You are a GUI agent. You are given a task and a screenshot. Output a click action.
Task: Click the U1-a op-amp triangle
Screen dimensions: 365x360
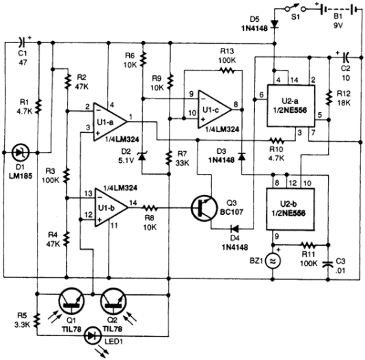coord(109,122)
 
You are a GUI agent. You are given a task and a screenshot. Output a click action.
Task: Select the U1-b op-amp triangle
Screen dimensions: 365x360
coord(111,207)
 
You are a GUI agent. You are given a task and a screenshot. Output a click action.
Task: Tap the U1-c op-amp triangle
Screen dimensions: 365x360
coord(215,110)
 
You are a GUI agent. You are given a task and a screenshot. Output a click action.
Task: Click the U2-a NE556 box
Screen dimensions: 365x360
coord(290,106)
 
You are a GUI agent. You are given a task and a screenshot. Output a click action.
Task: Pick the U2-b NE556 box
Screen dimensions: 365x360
coord(290,209)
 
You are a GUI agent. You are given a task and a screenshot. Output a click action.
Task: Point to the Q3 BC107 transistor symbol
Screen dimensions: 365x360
coord(204,208)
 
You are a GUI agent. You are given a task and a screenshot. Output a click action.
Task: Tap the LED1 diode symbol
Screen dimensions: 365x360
coord(92,336)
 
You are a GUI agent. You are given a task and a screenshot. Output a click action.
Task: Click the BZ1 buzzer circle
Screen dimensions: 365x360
coord(273,261)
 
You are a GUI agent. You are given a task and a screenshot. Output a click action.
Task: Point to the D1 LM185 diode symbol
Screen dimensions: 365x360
coord(21,153)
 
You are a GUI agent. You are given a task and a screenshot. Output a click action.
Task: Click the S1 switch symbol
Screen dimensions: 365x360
coord(295,8)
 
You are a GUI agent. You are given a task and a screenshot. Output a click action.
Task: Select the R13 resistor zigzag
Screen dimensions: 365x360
coord(227,70)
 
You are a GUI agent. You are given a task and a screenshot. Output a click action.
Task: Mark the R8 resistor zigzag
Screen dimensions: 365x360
coord(150,208)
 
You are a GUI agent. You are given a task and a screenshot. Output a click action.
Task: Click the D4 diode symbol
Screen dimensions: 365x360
coord(234,229)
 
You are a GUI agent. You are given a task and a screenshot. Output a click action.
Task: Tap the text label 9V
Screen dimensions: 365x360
coord(338,25)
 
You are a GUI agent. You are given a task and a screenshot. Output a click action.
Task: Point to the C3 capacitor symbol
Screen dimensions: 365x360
coord(328,263)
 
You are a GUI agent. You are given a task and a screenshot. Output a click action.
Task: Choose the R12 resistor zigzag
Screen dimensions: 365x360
coord(329,98)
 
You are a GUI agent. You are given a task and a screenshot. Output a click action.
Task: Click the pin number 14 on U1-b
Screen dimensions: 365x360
coord(133,203)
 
